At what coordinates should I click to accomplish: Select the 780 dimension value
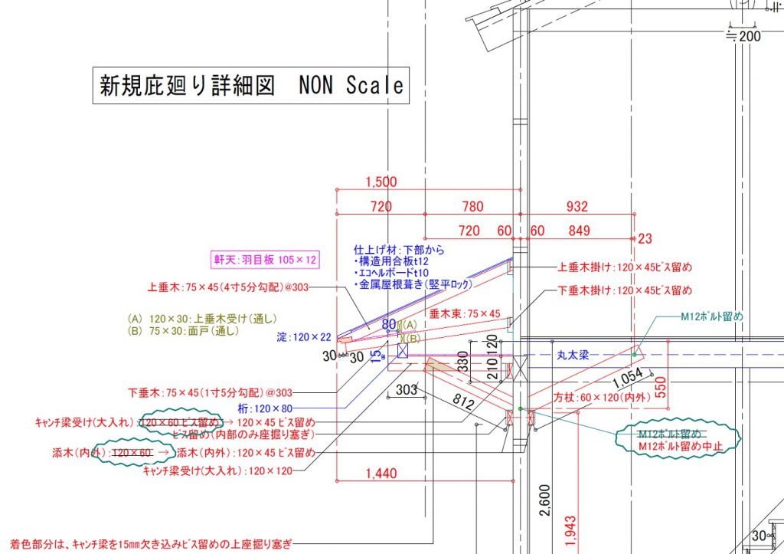coord(472,206)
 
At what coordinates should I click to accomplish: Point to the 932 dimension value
coord(577,206)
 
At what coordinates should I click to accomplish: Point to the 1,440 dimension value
coord(381,474)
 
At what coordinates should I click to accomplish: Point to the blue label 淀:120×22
coord(304,336)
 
